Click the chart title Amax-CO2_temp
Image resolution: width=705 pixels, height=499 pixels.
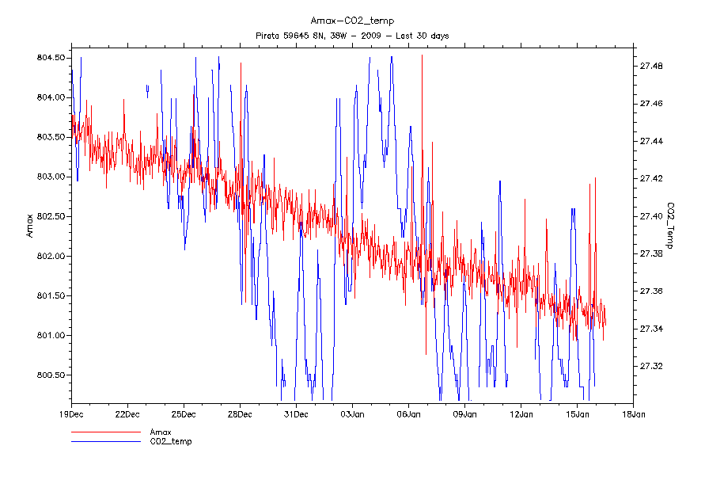352,21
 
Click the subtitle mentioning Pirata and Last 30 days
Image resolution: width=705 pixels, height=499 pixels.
352,36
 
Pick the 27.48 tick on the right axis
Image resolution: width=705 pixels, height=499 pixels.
652,66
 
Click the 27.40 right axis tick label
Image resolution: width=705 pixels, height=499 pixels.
652,216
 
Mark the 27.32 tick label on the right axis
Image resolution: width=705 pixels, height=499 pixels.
652,366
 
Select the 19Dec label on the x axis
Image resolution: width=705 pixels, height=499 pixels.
71,413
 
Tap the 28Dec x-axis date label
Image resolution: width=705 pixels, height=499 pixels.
240,413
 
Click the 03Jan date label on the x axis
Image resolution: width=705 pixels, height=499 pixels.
352,413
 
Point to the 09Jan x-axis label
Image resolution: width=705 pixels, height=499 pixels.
464,413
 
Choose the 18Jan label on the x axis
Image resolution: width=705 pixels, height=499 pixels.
633,413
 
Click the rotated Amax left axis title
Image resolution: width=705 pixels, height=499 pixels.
30,226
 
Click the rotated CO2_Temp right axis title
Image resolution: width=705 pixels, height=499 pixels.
670,226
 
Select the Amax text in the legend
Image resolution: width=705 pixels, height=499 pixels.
162,432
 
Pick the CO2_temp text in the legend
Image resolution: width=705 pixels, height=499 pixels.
171,441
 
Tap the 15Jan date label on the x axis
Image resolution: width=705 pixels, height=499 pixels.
577,413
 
